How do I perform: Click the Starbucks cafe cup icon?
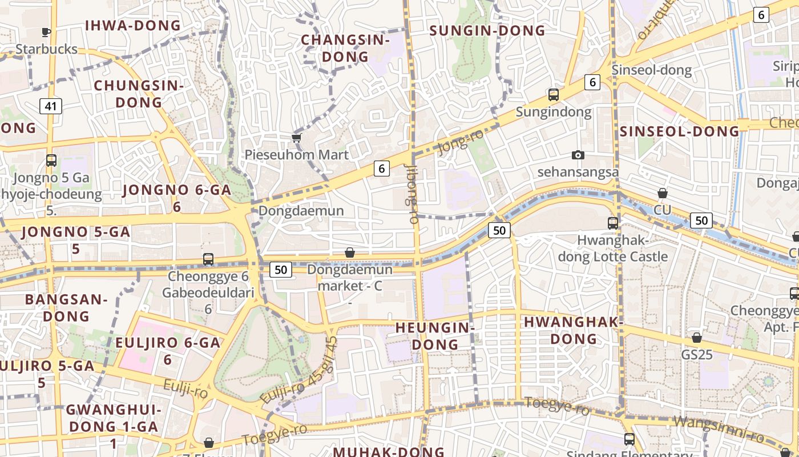pyautogui.click(x=46, y=33)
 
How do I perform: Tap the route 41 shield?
pyautogui.click(x=51, y=106)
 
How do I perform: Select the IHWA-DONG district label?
pyautogui.click(x=132, y=26)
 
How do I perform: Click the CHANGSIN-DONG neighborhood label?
pyautogui.click(x=345, y=48)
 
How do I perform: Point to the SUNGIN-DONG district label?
pyautogui.click(x=487, y=30)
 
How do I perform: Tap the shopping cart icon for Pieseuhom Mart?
pyautogui.click(x=296, y=138)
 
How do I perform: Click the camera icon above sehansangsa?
pyautogui.click(x=578, y=155)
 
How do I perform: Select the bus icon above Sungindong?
pyautogui.click(x=553, y=94)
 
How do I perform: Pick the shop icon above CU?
pyautogui.click(x=663, y=194)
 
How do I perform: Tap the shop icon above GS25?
pyautogui.click(x=696, y=338)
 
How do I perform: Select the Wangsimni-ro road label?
pyautogui.click(x=719, y=430)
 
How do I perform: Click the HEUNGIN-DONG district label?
pyautogui.click(x=435, y=336)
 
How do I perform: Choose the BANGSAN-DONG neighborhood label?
pyautogui.click(x=66, y=307)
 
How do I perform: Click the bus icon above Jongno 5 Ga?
pyautogui.click(x=51, y=161)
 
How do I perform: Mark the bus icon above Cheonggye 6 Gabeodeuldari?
pyautogui.click(x=208, y=259)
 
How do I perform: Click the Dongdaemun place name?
pyautogui.click(x=301, y=211)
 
